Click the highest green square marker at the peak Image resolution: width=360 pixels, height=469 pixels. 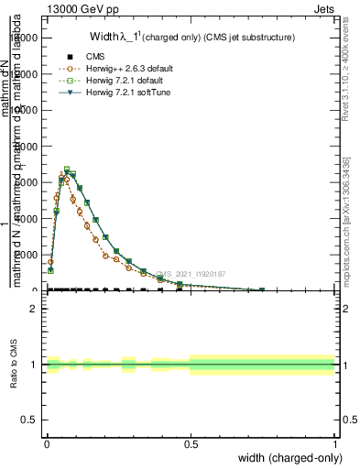click(67, 169)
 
